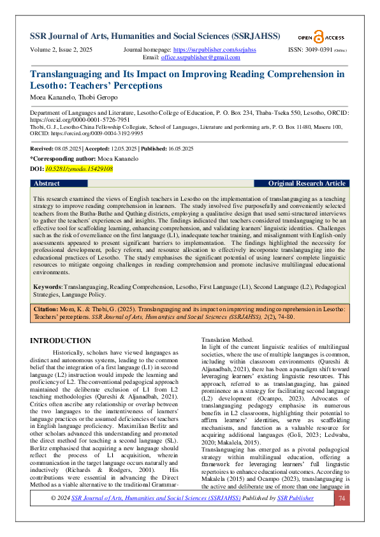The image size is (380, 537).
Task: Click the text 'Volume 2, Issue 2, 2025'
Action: (61, 49)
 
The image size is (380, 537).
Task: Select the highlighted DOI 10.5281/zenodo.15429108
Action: (78, 169)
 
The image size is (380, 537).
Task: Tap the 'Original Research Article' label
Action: (307, 183)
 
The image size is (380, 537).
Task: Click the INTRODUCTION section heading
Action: (61, 341)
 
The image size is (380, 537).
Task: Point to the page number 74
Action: (342, 516)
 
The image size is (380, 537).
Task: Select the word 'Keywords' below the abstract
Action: (47, 287)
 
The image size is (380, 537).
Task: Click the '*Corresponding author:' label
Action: (61, 158)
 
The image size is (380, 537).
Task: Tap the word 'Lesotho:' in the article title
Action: (49, 85)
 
